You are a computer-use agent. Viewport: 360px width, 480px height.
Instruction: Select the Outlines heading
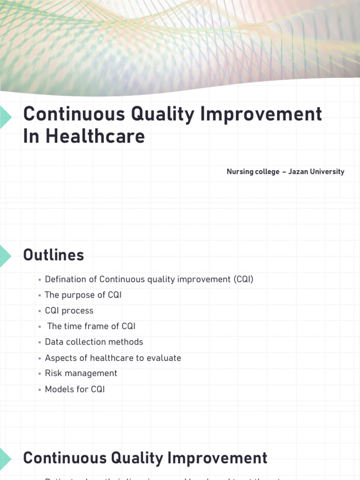point(53,255)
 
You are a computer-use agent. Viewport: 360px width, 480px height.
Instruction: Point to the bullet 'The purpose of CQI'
point(83,295)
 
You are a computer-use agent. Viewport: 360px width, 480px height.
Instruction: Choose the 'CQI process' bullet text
point(69,311)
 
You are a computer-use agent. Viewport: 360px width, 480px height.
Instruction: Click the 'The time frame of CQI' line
point(91,326)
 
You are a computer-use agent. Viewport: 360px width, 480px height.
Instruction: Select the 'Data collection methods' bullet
point(94,342)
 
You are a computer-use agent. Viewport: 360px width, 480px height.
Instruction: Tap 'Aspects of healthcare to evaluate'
point(112,358)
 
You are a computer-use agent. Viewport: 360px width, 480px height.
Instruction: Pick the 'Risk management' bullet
point(81,373)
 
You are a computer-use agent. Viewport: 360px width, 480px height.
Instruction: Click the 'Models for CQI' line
point(75,389)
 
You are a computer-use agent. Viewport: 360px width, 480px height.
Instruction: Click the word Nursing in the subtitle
point(240,172)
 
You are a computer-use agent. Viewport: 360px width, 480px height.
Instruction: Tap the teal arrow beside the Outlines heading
point(5,255)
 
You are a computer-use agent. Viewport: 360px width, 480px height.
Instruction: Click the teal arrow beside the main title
point(5,117)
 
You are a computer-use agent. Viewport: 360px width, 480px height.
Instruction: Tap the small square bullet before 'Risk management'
point(40,374)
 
